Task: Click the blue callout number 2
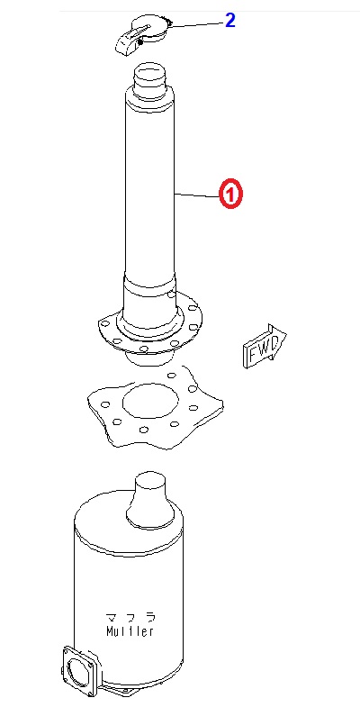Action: click(230, 21)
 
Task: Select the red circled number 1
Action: click(230, 195)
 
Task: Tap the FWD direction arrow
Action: click(265, 347)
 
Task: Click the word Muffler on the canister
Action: click(130, 630)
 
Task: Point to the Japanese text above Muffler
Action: click(130, 617)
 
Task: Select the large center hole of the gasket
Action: click(149, 401)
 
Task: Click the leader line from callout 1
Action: click(197, 195)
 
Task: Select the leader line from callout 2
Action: click(197, 24)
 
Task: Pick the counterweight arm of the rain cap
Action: click(130, 41)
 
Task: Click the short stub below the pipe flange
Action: click(148, 358)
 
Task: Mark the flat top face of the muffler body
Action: click(129, 523)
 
